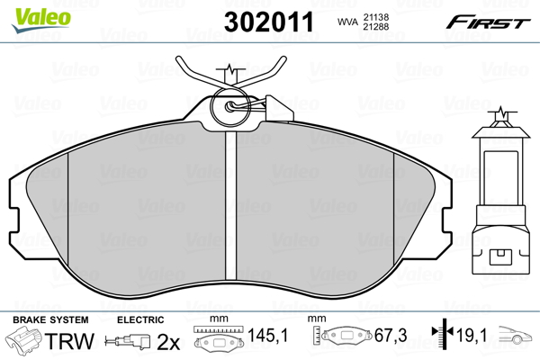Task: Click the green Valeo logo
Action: [x=41, y=20]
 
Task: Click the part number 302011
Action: [x=269, y=22]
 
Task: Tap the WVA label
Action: [x=347, y=22]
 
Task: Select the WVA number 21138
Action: [x=375, y=17]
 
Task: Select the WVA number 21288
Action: [x=375, y=27]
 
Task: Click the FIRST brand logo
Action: [x=488, y=22]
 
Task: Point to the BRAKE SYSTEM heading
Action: [x=50, y=319]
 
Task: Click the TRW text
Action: [x=69, y=341]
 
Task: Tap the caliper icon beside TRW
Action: [x=23, y=340]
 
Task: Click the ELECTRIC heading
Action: [x=140, y=319]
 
